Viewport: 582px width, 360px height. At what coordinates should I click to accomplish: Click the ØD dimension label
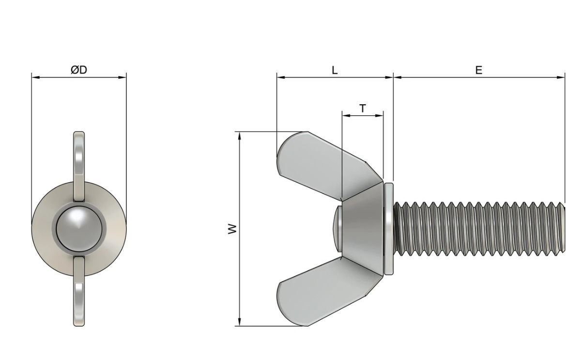coord(78,70)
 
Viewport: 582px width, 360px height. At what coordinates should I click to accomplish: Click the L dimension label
coord(335,70)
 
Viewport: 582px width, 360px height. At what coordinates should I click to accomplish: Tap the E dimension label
coord(478,70)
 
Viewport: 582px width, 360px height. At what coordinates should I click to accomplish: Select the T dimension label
coord(363,109)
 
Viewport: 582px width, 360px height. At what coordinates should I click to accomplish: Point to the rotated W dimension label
coord(233,228)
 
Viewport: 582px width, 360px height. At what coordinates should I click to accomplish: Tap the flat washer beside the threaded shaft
coord(388,228)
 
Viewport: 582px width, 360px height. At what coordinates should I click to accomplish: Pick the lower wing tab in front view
coord(79,291)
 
